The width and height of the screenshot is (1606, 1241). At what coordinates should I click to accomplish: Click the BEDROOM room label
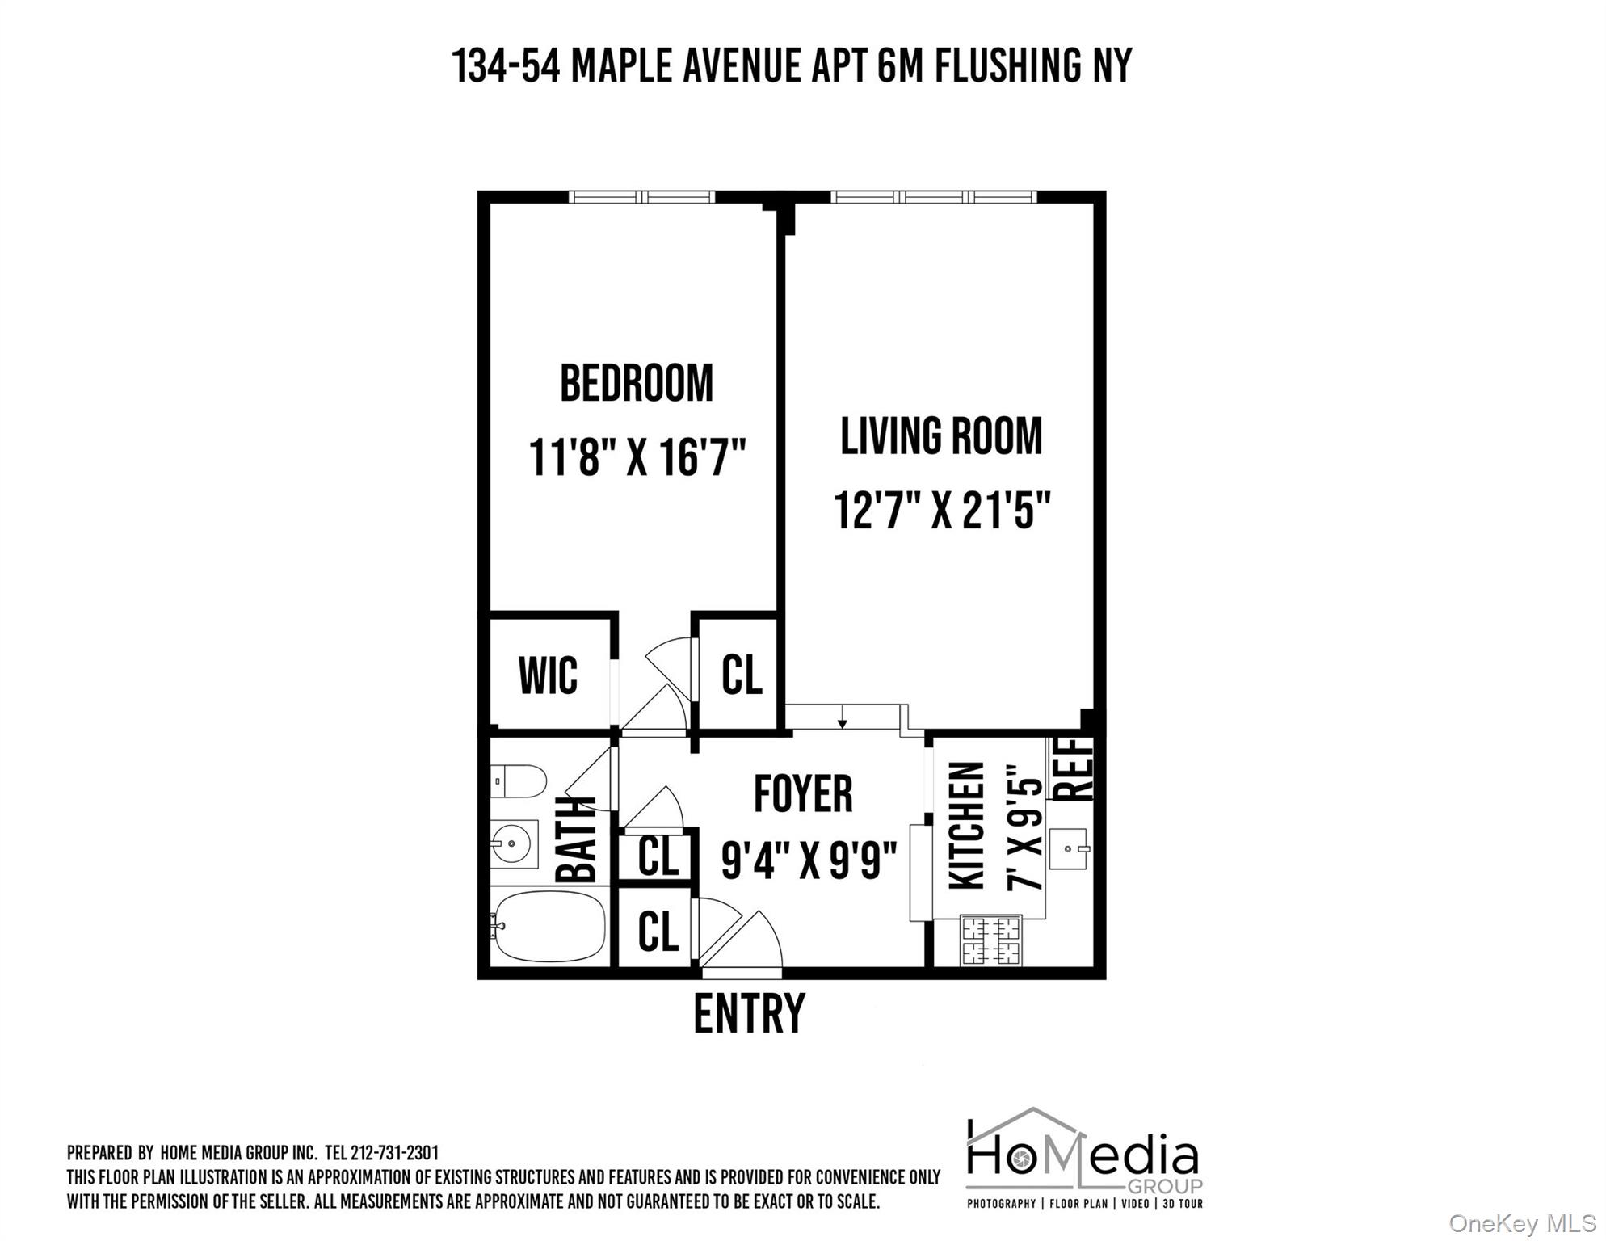[637, 384]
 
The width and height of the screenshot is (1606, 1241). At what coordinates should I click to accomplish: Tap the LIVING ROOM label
[941, 436]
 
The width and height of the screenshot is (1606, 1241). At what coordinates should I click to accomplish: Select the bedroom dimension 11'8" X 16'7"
[637, 457]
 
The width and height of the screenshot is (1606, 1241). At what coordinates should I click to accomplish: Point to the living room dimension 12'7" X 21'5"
[942, 511]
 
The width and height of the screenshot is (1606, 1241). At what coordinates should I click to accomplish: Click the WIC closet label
[548, 675]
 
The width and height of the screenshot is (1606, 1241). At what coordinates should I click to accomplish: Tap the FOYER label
[803, 794]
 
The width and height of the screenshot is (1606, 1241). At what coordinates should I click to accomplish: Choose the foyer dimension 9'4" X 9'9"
[809, 860]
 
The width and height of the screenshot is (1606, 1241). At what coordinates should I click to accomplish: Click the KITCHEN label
[967, 826]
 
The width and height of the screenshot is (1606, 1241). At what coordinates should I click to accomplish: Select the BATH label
[576, 840]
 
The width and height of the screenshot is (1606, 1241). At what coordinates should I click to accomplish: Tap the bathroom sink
[514, 844]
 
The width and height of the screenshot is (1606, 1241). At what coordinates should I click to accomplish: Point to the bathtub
[549, 926]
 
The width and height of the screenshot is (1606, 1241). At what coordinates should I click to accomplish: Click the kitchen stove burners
[990, 941]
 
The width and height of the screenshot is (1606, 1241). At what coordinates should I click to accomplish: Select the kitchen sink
[1069, 849]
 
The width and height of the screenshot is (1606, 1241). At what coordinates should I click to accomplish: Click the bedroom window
[641, 196]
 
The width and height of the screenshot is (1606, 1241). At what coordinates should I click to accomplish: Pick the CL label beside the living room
[742, 675]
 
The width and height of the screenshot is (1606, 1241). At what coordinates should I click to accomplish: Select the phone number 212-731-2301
[394, 1153]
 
